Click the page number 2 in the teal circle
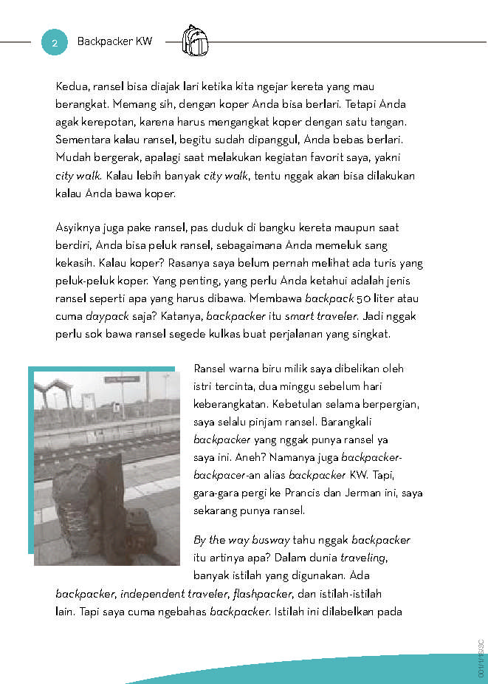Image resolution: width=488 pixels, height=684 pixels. pos(54,42)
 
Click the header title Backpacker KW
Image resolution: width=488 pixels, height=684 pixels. pos(114,41)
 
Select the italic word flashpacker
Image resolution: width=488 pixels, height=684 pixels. pos(262,593)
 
